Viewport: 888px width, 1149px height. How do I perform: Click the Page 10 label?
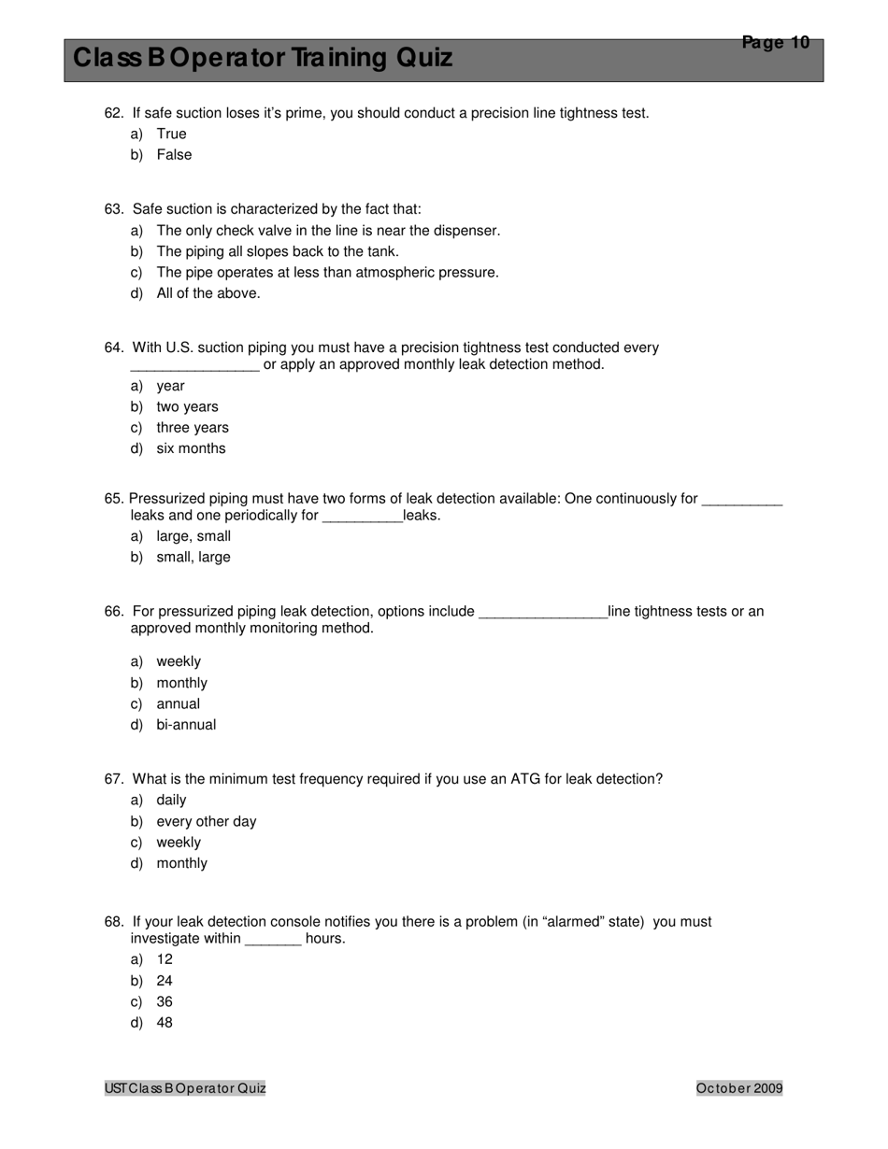[x=775, y=42]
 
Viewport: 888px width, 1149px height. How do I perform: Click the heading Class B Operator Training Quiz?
[x=263, y=59]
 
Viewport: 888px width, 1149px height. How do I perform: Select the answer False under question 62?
[x=174, y=155]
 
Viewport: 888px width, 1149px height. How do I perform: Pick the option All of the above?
[x=208, y=293]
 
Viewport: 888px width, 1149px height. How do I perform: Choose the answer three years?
[x=193, y=428]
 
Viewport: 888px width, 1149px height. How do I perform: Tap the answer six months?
[x=191, y=448]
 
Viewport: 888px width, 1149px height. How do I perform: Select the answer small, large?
[x=193, y=558]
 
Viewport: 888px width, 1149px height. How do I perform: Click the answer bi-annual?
[x=186, y=725]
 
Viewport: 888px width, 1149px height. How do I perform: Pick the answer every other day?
[x=207, y=822]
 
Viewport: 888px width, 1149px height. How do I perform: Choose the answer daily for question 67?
[x=171, y=801]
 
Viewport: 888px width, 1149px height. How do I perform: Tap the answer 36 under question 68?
[x=165, y=1002]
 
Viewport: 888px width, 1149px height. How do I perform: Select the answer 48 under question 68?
[x=165, y=1023]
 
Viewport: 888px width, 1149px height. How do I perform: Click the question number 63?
[x=114, y=209]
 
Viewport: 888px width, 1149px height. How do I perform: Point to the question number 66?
[x=114, y=612]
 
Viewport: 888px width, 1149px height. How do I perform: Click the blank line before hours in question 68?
[x=273, y=940]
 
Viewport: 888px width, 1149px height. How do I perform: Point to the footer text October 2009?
[x=739, y=1088]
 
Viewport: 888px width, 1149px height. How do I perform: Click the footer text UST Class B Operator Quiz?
[x=185, y=1088]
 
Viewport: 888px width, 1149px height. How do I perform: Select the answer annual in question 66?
[x=178, y=704]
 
